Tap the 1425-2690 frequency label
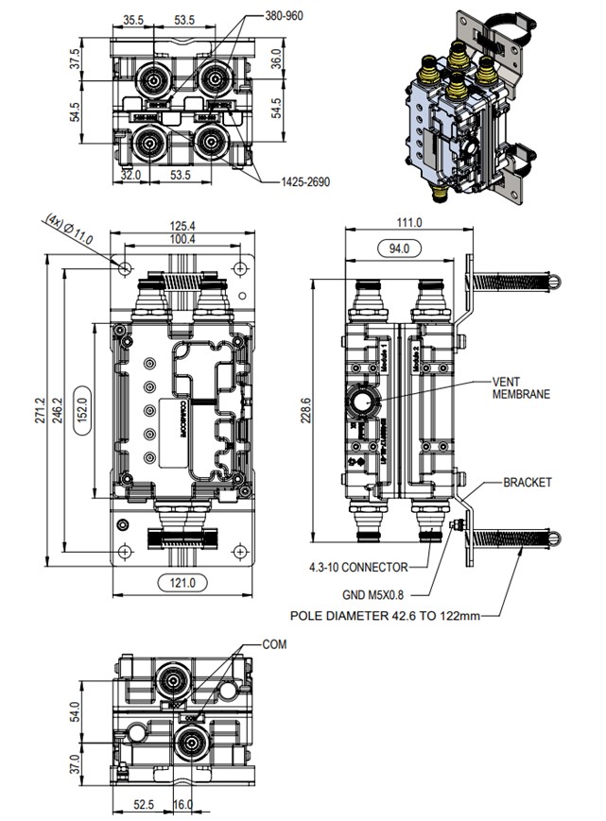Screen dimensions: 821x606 pos(305,182)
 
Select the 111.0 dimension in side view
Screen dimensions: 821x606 pos(407,223)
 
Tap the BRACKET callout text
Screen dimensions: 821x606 pos(527,482)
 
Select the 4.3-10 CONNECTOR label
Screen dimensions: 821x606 pos(358,567)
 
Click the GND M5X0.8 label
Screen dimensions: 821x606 pos(379,595)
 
